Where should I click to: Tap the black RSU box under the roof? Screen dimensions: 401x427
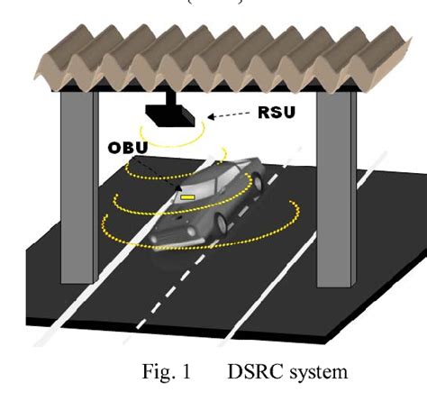[x=172, y=114]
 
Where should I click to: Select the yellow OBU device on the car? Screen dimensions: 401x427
[x=187, y=195]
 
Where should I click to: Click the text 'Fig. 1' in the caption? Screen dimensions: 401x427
[x=166, y=371]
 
